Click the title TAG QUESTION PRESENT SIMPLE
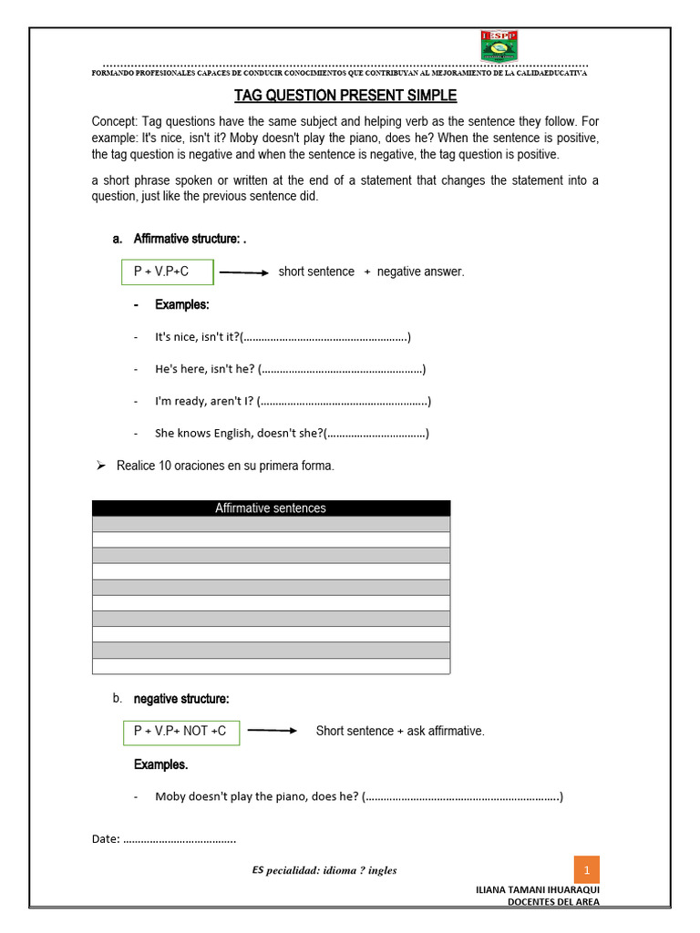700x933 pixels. [x=345, y=96]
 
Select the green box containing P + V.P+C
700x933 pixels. [x=168, y=272]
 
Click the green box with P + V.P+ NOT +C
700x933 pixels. [x=180, y=731]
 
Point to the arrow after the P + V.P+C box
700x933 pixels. [x=243, y=272]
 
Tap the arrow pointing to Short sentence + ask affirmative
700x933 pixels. [x=273, y=731]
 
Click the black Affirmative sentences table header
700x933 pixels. [x=271, y=508]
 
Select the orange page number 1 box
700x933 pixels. [x=587, y=870]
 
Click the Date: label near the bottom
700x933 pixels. [x=106, y=839]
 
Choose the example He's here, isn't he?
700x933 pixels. [x=205, y=369]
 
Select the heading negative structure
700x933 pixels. [x=181, y=699]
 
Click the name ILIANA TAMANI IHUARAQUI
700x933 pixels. [x=537, y=889]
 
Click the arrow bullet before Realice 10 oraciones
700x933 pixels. [x=101, y=466]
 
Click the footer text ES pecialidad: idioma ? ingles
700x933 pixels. [x=324, y=870]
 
